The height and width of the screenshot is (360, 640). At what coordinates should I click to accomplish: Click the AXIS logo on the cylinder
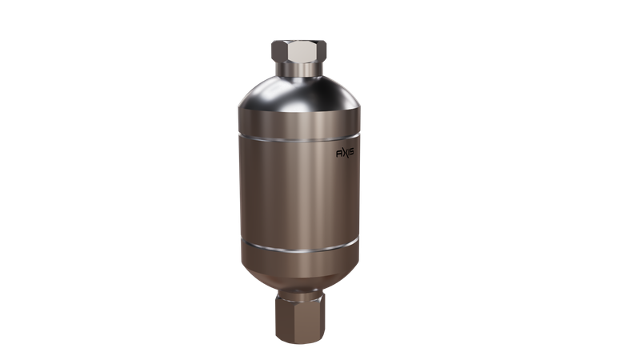click(345, 153)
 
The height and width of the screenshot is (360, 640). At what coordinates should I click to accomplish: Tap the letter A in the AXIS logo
click(338, 154)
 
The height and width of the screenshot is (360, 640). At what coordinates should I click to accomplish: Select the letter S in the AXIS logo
click(351, 152)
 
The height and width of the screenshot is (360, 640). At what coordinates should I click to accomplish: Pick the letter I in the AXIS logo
click(347, 153)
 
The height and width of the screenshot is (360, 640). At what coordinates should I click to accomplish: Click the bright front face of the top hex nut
click(298, 51)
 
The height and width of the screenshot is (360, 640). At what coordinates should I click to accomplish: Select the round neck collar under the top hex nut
click(298, 69)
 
